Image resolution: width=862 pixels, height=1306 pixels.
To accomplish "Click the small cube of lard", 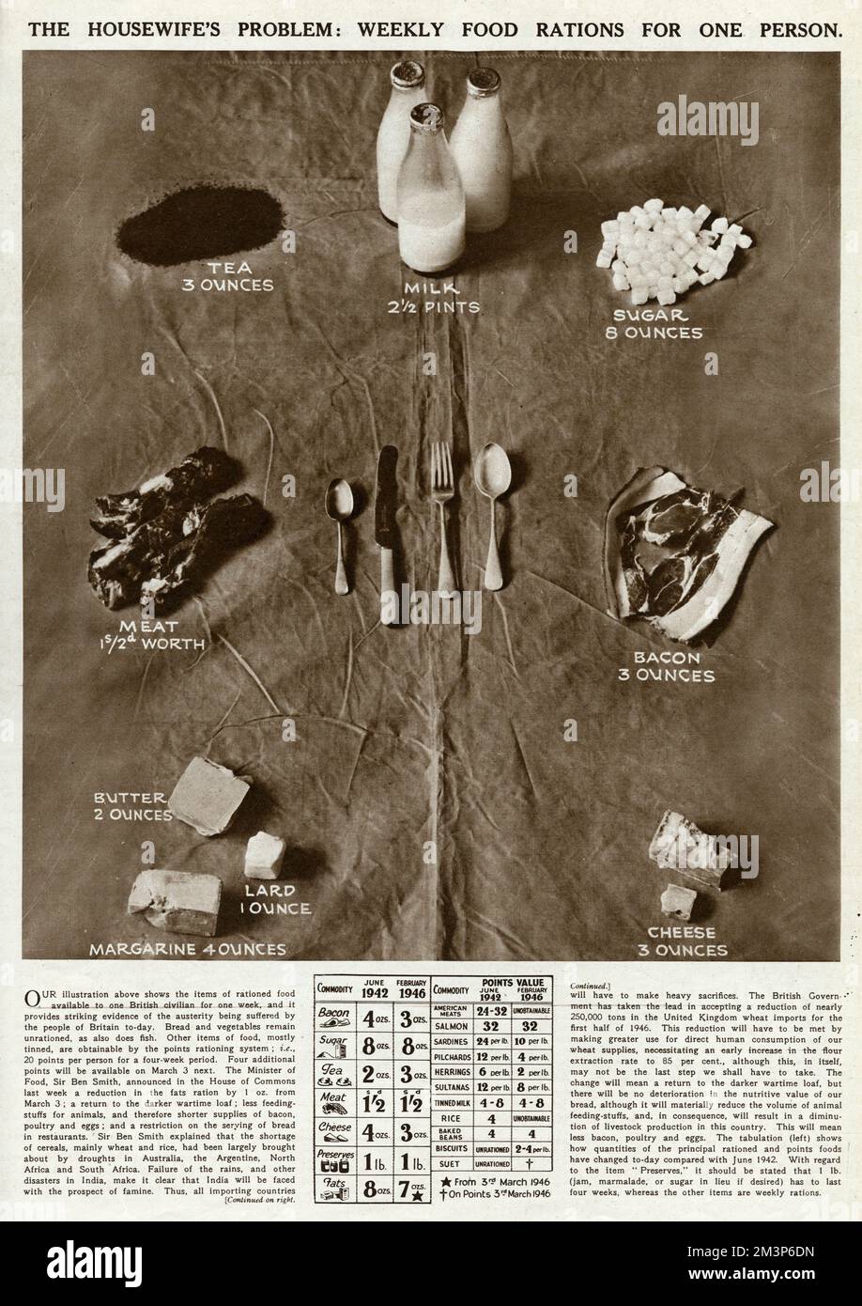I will click(x=265, y=855).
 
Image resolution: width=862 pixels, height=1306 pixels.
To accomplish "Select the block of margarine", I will click(x=175, y=901).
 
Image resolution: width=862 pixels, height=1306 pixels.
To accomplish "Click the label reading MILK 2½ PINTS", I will click(x=431, y=297).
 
